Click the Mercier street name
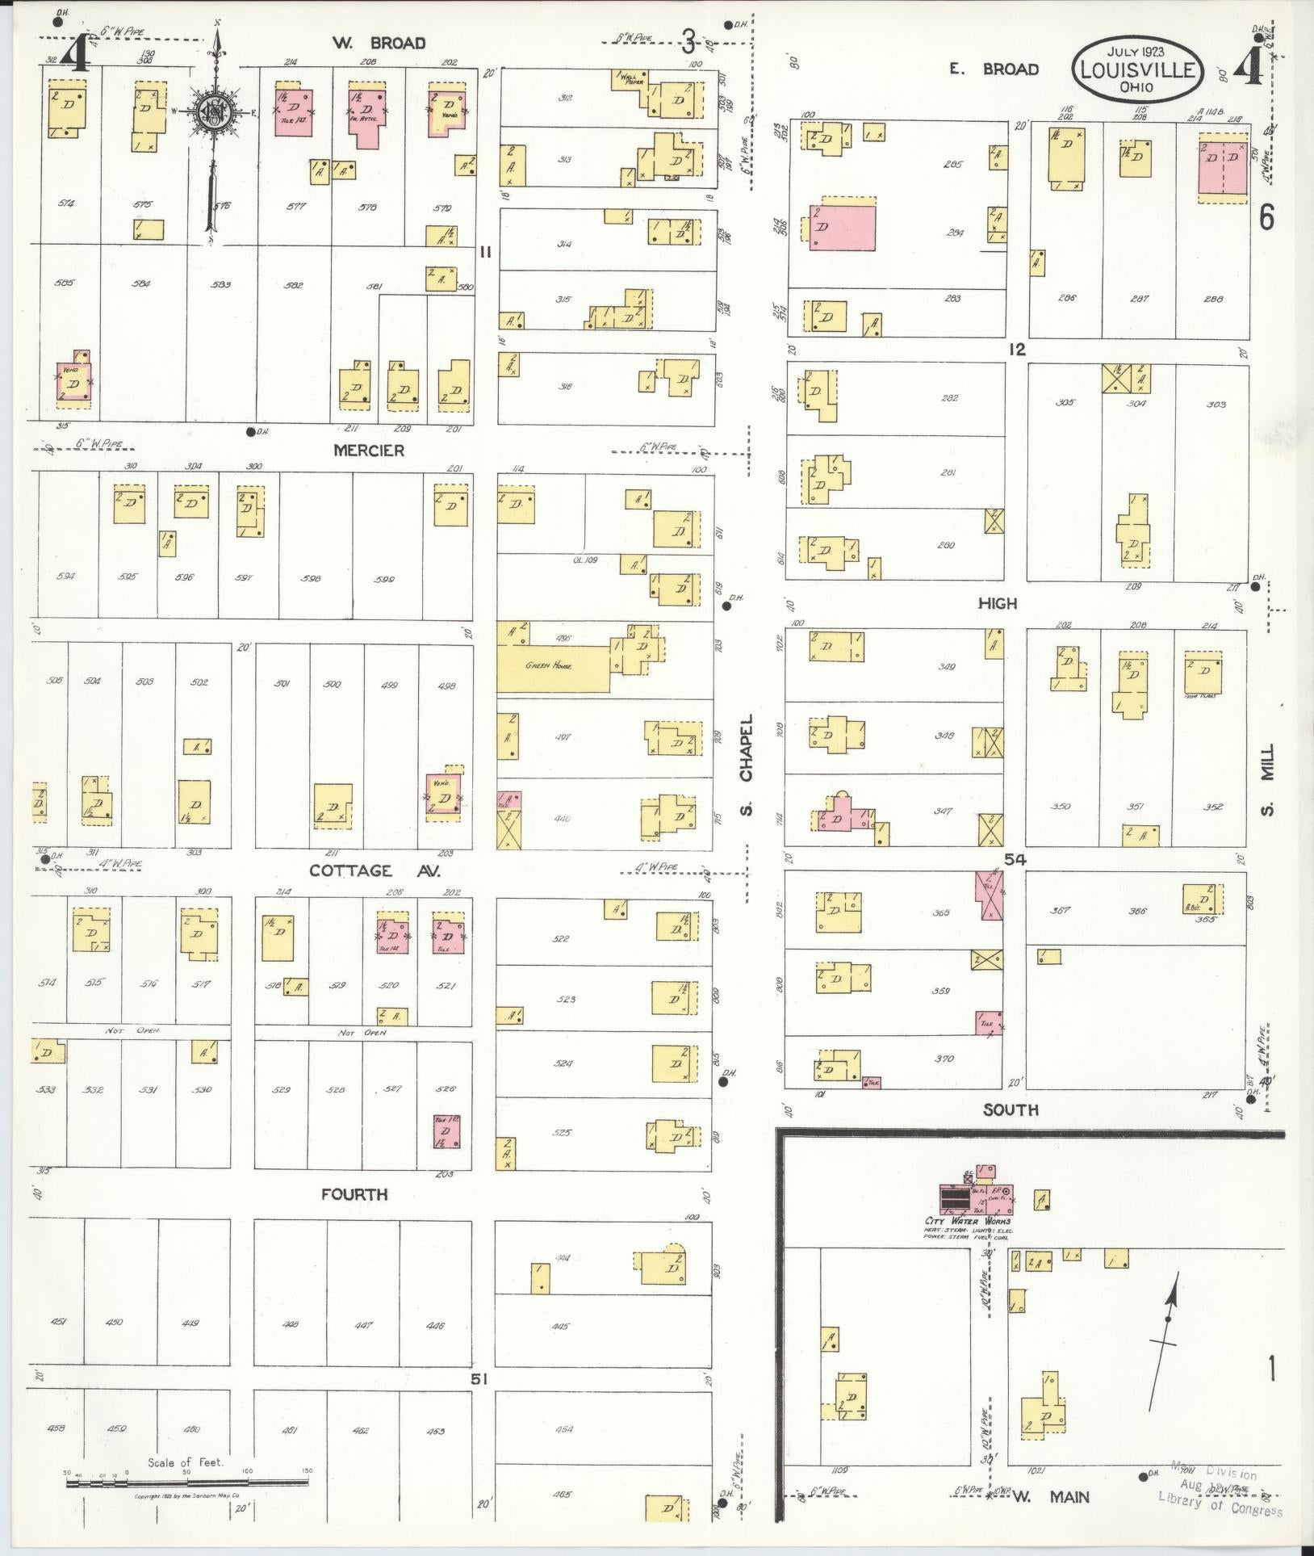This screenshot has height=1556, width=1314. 369,451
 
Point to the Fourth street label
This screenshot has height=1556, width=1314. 354,1194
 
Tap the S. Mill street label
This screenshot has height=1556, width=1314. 1266,778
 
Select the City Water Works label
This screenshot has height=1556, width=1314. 968,1244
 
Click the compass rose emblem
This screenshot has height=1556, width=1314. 215,111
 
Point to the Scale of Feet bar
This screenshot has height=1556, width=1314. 187,1481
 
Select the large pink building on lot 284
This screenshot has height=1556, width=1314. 842,229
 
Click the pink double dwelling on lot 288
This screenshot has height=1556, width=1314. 1222,168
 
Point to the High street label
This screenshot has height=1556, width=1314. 998,603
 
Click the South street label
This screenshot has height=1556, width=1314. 1011,1110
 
